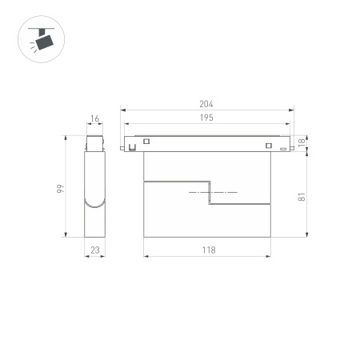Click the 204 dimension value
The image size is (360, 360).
point(207,104)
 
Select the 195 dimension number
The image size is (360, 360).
point(207,118)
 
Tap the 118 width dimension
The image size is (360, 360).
point(208,250)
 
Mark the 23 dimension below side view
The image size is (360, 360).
point(94,250)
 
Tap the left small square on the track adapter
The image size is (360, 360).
point(146,142)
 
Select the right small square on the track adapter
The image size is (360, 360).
point(269,146)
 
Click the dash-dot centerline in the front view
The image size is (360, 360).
point(212,194)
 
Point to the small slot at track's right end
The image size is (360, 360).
point(283,148)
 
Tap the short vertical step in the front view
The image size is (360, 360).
point(209,194)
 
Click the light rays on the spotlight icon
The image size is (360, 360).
point(30,47)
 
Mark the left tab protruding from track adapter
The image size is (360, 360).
point(122,147)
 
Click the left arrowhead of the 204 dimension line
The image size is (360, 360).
point(122,110)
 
